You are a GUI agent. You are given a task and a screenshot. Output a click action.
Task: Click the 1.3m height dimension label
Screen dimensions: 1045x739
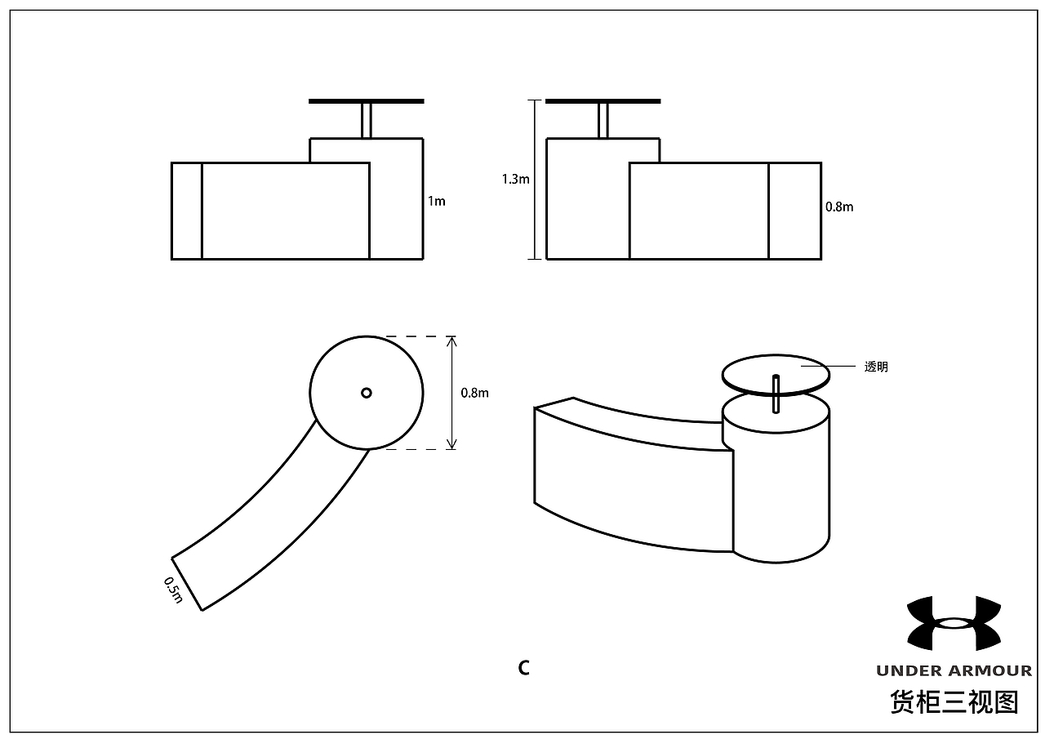pyautogui.click(x=515, y=179)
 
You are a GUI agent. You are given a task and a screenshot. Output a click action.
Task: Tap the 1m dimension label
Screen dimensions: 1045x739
pyautogui.click(x=437, y=201)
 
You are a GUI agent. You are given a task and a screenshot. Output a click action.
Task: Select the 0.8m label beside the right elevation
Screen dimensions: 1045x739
pyautogui.click(x=839, y=207)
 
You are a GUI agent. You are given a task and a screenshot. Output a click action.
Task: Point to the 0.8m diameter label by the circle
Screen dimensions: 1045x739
pyautogui.click(x=474, y=393)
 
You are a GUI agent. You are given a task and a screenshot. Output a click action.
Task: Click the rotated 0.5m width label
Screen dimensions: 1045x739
pyautogui.click(x=173, y=590)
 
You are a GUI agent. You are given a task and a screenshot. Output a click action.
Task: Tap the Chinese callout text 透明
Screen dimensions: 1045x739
pyautogui.click(x=876, y=367)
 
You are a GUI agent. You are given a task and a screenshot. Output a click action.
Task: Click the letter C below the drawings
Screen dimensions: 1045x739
pyautogui.click(x=524, y=668)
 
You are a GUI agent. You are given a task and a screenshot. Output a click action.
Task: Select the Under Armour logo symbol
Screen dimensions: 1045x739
pyautogui.click(x=954, y=623)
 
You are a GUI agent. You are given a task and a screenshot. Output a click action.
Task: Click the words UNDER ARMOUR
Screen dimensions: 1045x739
pyautogui.click(x=954, y=671)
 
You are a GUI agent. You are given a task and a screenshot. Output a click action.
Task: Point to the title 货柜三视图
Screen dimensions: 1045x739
pyautogui.click(x=954, y=702)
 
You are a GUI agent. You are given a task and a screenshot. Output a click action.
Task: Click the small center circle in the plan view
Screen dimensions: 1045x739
pyautogui.click(x=367, y=393)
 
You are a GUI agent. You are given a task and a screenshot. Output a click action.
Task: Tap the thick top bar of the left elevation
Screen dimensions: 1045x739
pyautogui.click(x=367, y=101)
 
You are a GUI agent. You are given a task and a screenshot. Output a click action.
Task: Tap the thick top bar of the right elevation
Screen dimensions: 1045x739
pyautogui.click(x=603, y=101)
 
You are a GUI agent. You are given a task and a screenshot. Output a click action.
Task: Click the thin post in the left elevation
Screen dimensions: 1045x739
pyautogui.click(x=367, y=121)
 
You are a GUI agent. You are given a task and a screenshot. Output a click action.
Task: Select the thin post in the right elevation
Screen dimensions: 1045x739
pyautogui.click(x=603, y=121)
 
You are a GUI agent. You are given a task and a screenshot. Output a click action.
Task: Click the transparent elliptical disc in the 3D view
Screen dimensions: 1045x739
pyautogui.click(x=776, y=375)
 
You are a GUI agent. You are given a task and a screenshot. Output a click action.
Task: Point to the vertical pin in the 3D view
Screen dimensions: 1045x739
pyautogui.click(x=776, y=394)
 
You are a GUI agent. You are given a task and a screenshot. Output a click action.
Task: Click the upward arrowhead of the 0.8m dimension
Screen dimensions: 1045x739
pyautogui.click(x=451, y=341)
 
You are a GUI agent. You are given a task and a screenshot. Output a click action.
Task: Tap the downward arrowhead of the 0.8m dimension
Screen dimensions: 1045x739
pyautogui.click(x=451, y=444)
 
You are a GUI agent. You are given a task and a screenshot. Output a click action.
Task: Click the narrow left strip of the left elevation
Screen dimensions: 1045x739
pyautogui.click(x=187, y=211)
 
